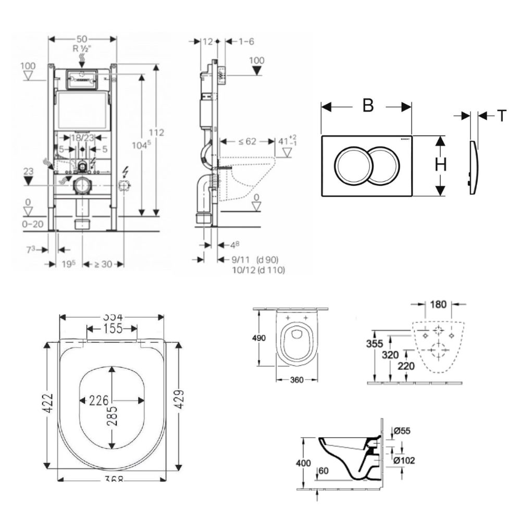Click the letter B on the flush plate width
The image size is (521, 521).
click(368, 105)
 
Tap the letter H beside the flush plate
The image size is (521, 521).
click(441, 165)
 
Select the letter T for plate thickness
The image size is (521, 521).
click(501, 116)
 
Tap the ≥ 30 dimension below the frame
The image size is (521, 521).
click(104, 264)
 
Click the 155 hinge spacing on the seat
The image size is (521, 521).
click(112, 329)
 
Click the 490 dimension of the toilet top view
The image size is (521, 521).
click(259, 338)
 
